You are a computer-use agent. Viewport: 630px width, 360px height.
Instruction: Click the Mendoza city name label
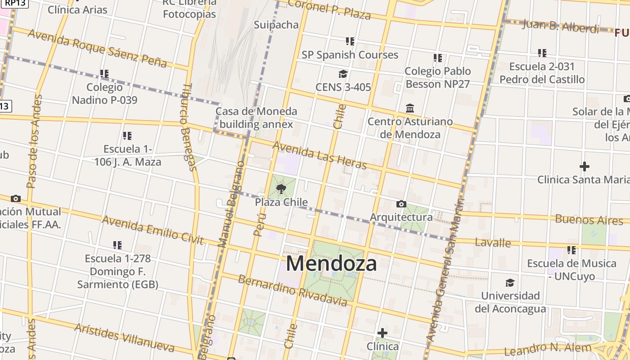(331, 264)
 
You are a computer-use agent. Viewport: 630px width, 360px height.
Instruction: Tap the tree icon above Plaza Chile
(281, 189)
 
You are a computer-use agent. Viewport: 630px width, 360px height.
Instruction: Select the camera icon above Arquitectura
(401, 204)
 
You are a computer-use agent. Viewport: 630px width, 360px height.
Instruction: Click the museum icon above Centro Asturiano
(410, 108)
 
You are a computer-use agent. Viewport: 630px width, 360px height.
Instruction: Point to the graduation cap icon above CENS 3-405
(343, 74)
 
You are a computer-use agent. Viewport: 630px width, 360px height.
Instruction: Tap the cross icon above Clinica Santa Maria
(585, 167)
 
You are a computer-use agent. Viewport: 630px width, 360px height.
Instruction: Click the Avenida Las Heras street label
(319, 155)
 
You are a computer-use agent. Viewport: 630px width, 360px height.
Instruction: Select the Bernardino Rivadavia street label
(292, 291)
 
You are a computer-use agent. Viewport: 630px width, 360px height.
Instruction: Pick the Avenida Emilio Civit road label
(153, 229)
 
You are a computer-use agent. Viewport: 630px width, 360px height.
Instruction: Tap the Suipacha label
(276, 25)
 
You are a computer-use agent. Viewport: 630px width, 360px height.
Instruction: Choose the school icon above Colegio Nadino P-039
(104, 73)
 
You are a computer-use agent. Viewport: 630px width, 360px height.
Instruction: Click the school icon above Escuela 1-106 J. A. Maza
(127, 135)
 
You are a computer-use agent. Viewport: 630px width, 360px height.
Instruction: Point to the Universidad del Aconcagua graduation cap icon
(510, 283)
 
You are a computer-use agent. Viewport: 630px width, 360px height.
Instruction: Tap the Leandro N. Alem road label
(548, 349)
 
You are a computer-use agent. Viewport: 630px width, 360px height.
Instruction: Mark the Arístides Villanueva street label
(124, 337)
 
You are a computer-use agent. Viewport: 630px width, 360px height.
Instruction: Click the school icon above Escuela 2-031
(542, 53)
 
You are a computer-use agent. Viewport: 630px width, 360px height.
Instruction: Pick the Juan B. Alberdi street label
(561, 26)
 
